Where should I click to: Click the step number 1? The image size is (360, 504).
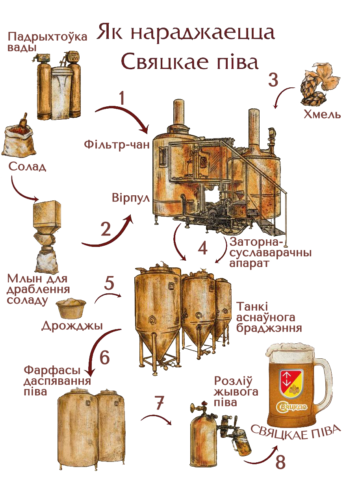pyautogui.click(x=122, y=98)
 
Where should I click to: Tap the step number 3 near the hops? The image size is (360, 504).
pyautogui.click(x=273, y=80)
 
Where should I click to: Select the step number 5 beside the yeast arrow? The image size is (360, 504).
pyautogui.click(x=109, y=283)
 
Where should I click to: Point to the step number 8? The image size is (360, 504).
pyautogui.click(x=280, y=462)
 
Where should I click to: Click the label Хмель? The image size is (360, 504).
pyautogui.click(x=322, y=115)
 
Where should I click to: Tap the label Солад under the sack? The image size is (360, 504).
pyautogui.click(x=27, y=167)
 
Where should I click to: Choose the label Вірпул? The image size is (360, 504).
pyautogui.click(x=130, y=198)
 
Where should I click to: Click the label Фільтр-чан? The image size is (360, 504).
pyautogui.click(x=117, y=145)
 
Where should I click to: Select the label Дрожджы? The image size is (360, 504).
pyautogui.click(x=72, y=326)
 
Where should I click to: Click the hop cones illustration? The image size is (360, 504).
pyautogui.click(x=318, y=87)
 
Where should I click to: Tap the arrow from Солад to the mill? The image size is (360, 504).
pyautogui.click(x=21, y=190)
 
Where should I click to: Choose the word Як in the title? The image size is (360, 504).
pyautogui.click(x=111, y=33)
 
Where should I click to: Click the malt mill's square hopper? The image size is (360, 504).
pyautogui.click(x=47, y=214)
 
